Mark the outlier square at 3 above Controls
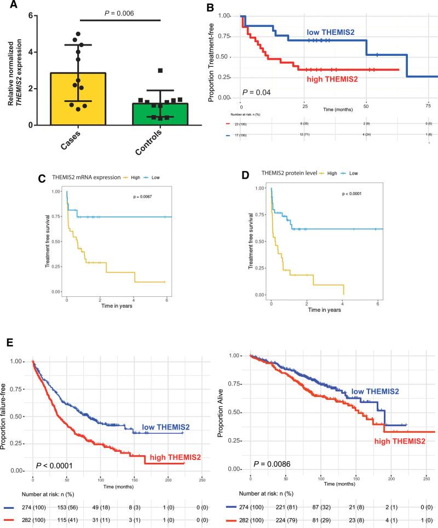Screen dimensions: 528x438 tap(160, 71)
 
